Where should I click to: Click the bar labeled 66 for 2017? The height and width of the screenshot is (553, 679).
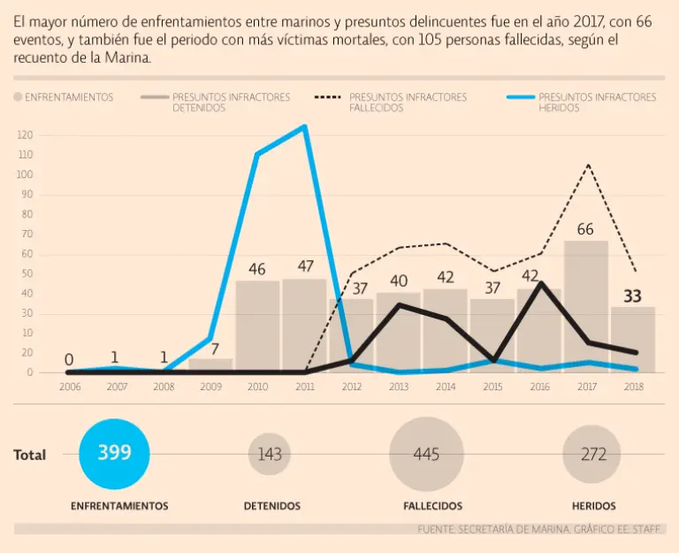(586, 306)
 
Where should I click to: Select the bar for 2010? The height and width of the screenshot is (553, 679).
(257, 326)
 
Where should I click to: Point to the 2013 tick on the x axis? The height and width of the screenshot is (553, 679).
(398, 386)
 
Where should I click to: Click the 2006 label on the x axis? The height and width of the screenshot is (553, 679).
(69, 386)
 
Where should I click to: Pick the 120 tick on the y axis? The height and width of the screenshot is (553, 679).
(25, 135)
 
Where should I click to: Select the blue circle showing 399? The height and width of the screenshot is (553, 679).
(115, 454)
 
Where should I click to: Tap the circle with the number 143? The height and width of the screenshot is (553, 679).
(270, 455)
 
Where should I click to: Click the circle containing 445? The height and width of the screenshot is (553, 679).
(426, 455)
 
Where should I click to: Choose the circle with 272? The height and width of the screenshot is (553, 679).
(594, 455)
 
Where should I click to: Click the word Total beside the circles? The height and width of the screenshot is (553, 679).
(30, 455)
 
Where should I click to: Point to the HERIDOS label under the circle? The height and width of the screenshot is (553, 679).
(594, 506)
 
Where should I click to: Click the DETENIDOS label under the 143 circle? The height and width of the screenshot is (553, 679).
(271, 506)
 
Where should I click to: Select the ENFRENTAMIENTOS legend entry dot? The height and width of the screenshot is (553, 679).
(18, 97)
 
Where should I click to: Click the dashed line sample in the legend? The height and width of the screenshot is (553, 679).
(328, 97)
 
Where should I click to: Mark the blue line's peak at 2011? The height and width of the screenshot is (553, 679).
(305, 127)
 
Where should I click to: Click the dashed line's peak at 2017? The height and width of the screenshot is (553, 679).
(587, 165)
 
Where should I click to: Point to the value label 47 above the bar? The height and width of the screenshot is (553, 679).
(305, 266)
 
